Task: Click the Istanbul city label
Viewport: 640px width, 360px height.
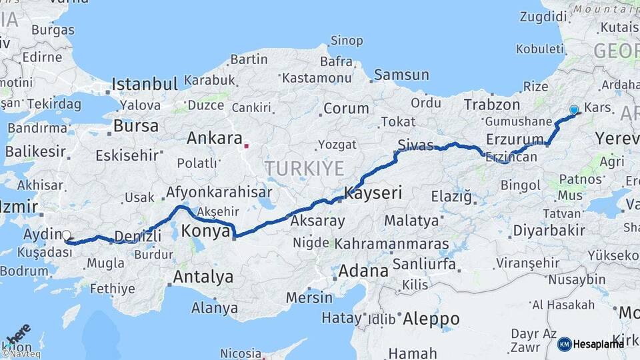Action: [x=145, y=85]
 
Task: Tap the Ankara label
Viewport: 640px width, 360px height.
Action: [x=214, y=139]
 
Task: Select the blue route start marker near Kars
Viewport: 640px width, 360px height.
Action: [x=573, y=110]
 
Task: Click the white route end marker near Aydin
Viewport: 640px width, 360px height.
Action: [x=66, y=235]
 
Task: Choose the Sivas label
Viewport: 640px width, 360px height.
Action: [x=415, y=145]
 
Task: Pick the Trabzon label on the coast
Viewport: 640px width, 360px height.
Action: [x=491, y=105]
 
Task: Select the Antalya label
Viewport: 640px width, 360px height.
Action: [x=203, y=276]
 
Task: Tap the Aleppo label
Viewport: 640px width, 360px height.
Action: [x=431, y=319]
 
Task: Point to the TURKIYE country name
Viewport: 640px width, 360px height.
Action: [x=303, y=168]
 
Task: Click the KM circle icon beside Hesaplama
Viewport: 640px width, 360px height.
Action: [x=564, y=344]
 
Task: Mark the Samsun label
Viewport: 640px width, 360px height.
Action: [x=401, y=75]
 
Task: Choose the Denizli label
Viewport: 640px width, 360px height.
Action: [x=138, y=236]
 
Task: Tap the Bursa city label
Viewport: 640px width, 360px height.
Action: [x=136, y=125]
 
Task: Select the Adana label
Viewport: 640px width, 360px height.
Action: [x=363, y=271]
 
